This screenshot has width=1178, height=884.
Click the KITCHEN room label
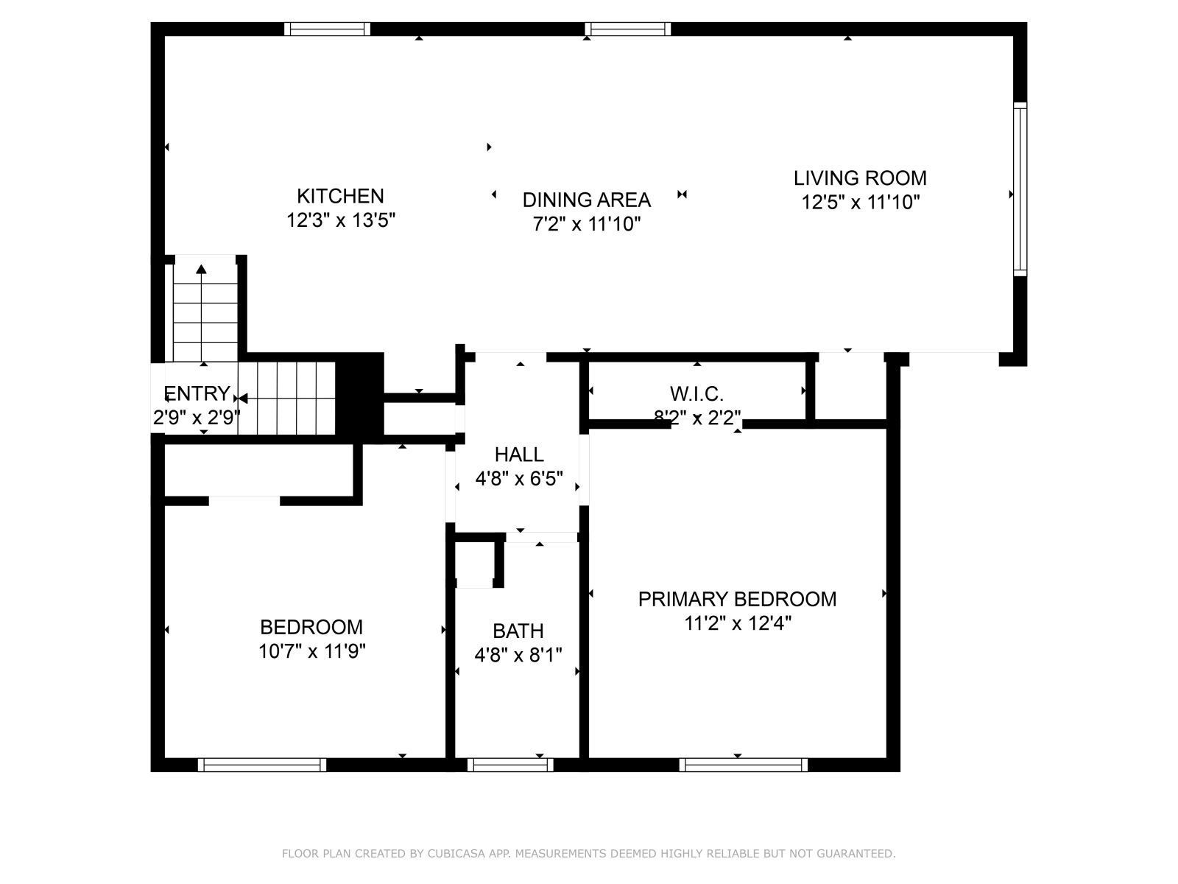[340, 196]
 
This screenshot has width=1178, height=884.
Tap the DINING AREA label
[587, 200]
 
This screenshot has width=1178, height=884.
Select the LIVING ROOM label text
[860, 178]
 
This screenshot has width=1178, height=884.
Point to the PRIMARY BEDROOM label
[738, 599]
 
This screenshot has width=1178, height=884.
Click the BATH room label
[518, 631]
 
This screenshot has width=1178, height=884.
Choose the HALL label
[519, 455]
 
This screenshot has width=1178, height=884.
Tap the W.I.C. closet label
[696, 394]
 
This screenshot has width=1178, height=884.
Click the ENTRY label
[197, 393]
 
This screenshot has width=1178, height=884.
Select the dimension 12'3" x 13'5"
[341, 220]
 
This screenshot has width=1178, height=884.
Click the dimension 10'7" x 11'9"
[312, 651]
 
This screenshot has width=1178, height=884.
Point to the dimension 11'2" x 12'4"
[738, 623]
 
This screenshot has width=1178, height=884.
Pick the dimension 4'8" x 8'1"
[518, 655]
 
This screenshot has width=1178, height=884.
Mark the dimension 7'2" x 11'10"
[587, 224]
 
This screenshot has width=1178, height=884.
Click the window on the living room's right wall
[1020, 189]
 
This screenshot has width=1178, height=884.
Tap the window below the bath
[509, 765]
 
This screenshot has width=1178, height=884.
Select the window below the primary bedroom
[744, 765]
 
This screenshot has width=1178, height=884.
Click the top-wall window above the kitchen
[327, 29]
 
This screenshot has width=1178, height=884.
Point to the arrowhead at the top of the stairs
[201, 268]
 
